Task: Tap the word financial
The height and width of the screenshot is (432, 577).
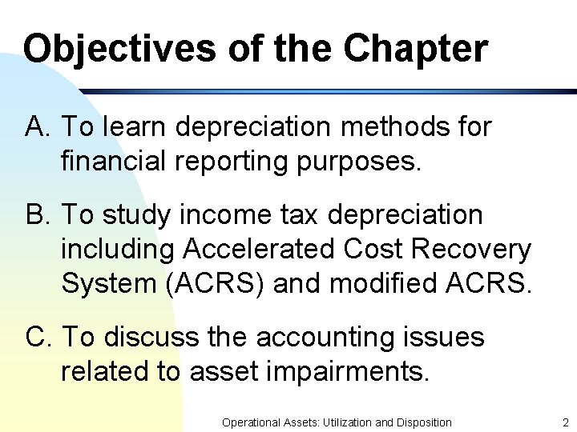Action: [118, 162]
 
